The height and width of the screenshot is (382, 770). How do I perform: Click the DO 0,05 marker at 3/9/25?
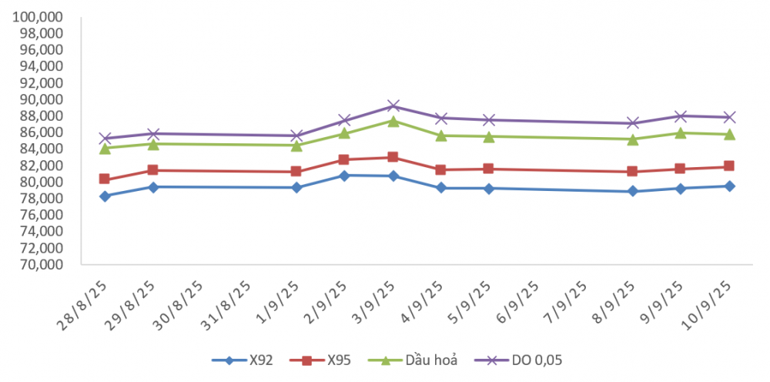(393, 106)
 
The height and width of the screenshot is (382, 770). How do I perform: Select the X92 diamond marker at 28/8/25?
(105, 196)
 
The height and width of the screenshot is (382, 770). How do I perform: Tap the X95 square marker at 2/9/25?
(343, 159)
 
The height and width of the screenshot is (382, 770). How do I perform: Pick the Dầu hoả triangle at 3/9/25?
(393, 121)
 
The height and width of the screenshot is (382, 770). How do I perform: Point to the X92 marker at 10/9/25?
(730, 186)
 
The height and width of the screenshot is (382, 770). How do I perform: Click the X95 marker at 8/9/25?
(632, 171)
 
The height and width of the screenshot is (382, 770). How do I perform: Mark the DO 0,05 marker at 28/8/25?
(105, 138)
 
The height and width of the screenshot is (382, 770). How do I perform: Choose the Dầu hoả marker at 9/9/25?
(681, 132)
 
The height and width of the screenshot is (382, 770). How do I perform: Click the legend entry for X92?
(243, 360)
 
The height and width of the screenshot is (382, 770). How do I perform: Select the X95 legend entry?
(320, 360)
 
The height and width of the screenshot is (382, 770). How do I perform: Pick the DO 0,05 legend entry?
(518, 360)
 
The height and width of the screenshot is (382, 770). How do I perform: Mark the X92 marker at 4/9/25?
(441, 188)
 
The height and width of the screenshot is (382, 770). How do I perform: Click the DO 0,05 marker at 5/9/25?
(489, 119)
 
